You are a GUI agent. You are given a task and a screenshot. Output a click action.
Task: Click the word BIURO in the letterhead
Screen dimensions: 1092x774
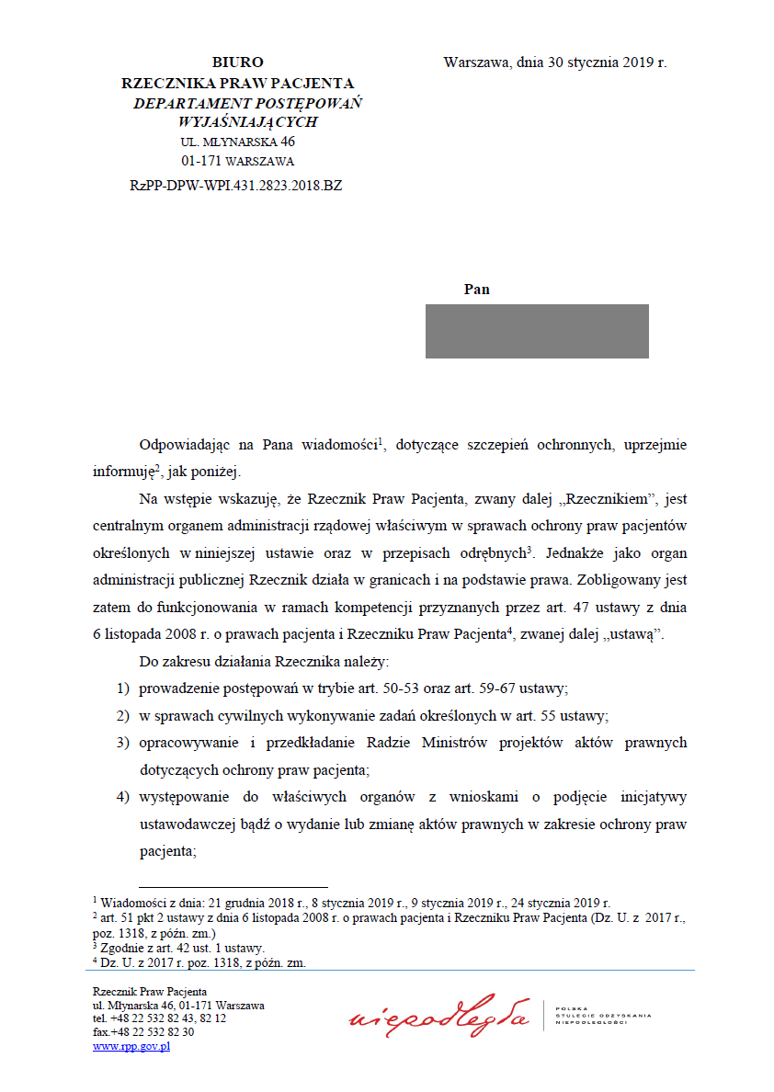[237, 63]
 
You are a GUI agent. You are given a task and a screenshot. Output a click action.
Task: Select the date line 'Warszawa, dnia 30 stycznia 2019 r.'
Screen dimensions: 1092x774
[554, 63]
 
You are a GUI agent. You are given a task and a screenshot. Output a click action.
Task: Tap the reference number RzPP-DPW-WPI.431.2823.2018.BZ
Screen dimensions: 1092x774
[236, 185]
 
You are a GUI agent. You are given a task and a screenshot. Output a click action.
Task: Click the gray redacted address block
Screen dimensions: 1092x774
[537, 331]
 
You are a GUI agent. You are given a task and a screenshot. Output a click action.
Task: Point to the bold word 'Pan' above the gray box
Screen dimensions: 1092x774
[476, 290]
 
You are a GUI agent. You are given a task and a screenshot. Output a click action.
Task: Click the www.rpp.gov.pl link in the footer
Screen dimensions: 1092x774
[131, 1046]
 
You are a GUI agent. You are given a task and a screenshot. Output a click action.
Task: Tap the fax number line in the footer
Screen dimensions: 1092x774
[143, 1032]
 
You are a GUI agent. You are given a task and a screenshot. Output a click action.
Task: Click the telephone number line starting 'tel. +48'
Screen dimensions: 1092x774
[159, 1018]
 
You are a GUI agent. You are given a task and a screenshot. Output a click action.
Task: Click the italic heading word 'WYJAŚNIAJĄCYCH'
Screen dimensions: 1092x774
[248, 121]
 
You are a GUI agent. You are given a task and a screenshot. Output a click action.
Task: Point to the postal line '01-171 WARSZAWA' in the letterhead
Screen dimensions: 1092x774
[237, 162]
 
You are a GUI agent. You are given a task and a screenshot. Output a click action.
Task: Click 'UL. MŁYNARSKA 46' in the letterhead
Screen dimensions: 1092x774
[237, 142]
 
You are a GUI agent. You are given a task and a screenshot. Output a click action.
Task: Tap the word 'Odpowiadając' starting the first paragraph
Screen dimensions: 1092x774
[182, 445]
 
